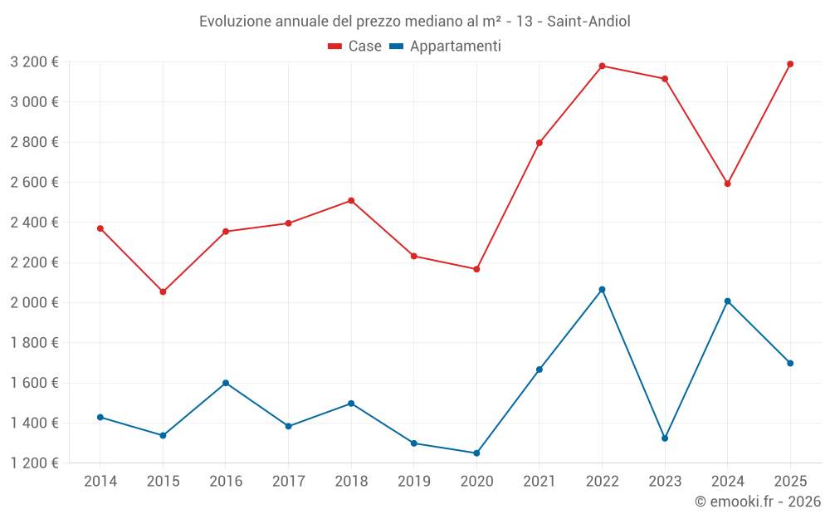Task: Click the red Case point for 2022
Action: click(x=602, y=66)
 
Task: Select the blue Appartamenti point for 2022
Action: click(x=602, y=289)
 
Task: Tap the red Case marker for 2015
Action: click(x=163, y=291)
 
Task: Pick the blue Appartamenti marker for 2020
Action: click(x=476, y=453)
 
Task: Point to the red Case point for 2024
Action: click(x=727, y=184)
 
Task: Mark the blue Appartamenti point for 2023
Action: click(x=665, y=438)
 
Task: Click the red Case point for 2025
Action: click(x=790, y=64)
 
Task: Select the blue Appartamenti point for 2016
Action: click(x=226, y=383)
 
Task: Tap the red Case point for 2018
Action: click(x=351, y=200)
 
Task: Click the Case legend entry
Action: click(x=355, y=47)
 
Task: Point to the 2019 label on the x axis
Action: click(x=413, y=481)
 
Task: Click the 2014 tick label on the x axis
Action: click(x=100, y=481)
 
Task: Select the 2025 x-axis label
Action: click(x=790, y=481)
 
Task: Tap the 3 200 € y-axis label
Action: click(x=35, y=61)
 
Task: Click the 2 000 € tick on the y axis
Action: click(x=35, y=302)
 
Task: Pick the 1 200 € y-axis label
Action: click(x=35, y=463)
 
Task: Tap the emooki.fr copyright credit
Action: click(x=758, y=501)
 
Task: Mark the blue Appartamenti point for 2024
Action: click(x=727, y=301)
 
